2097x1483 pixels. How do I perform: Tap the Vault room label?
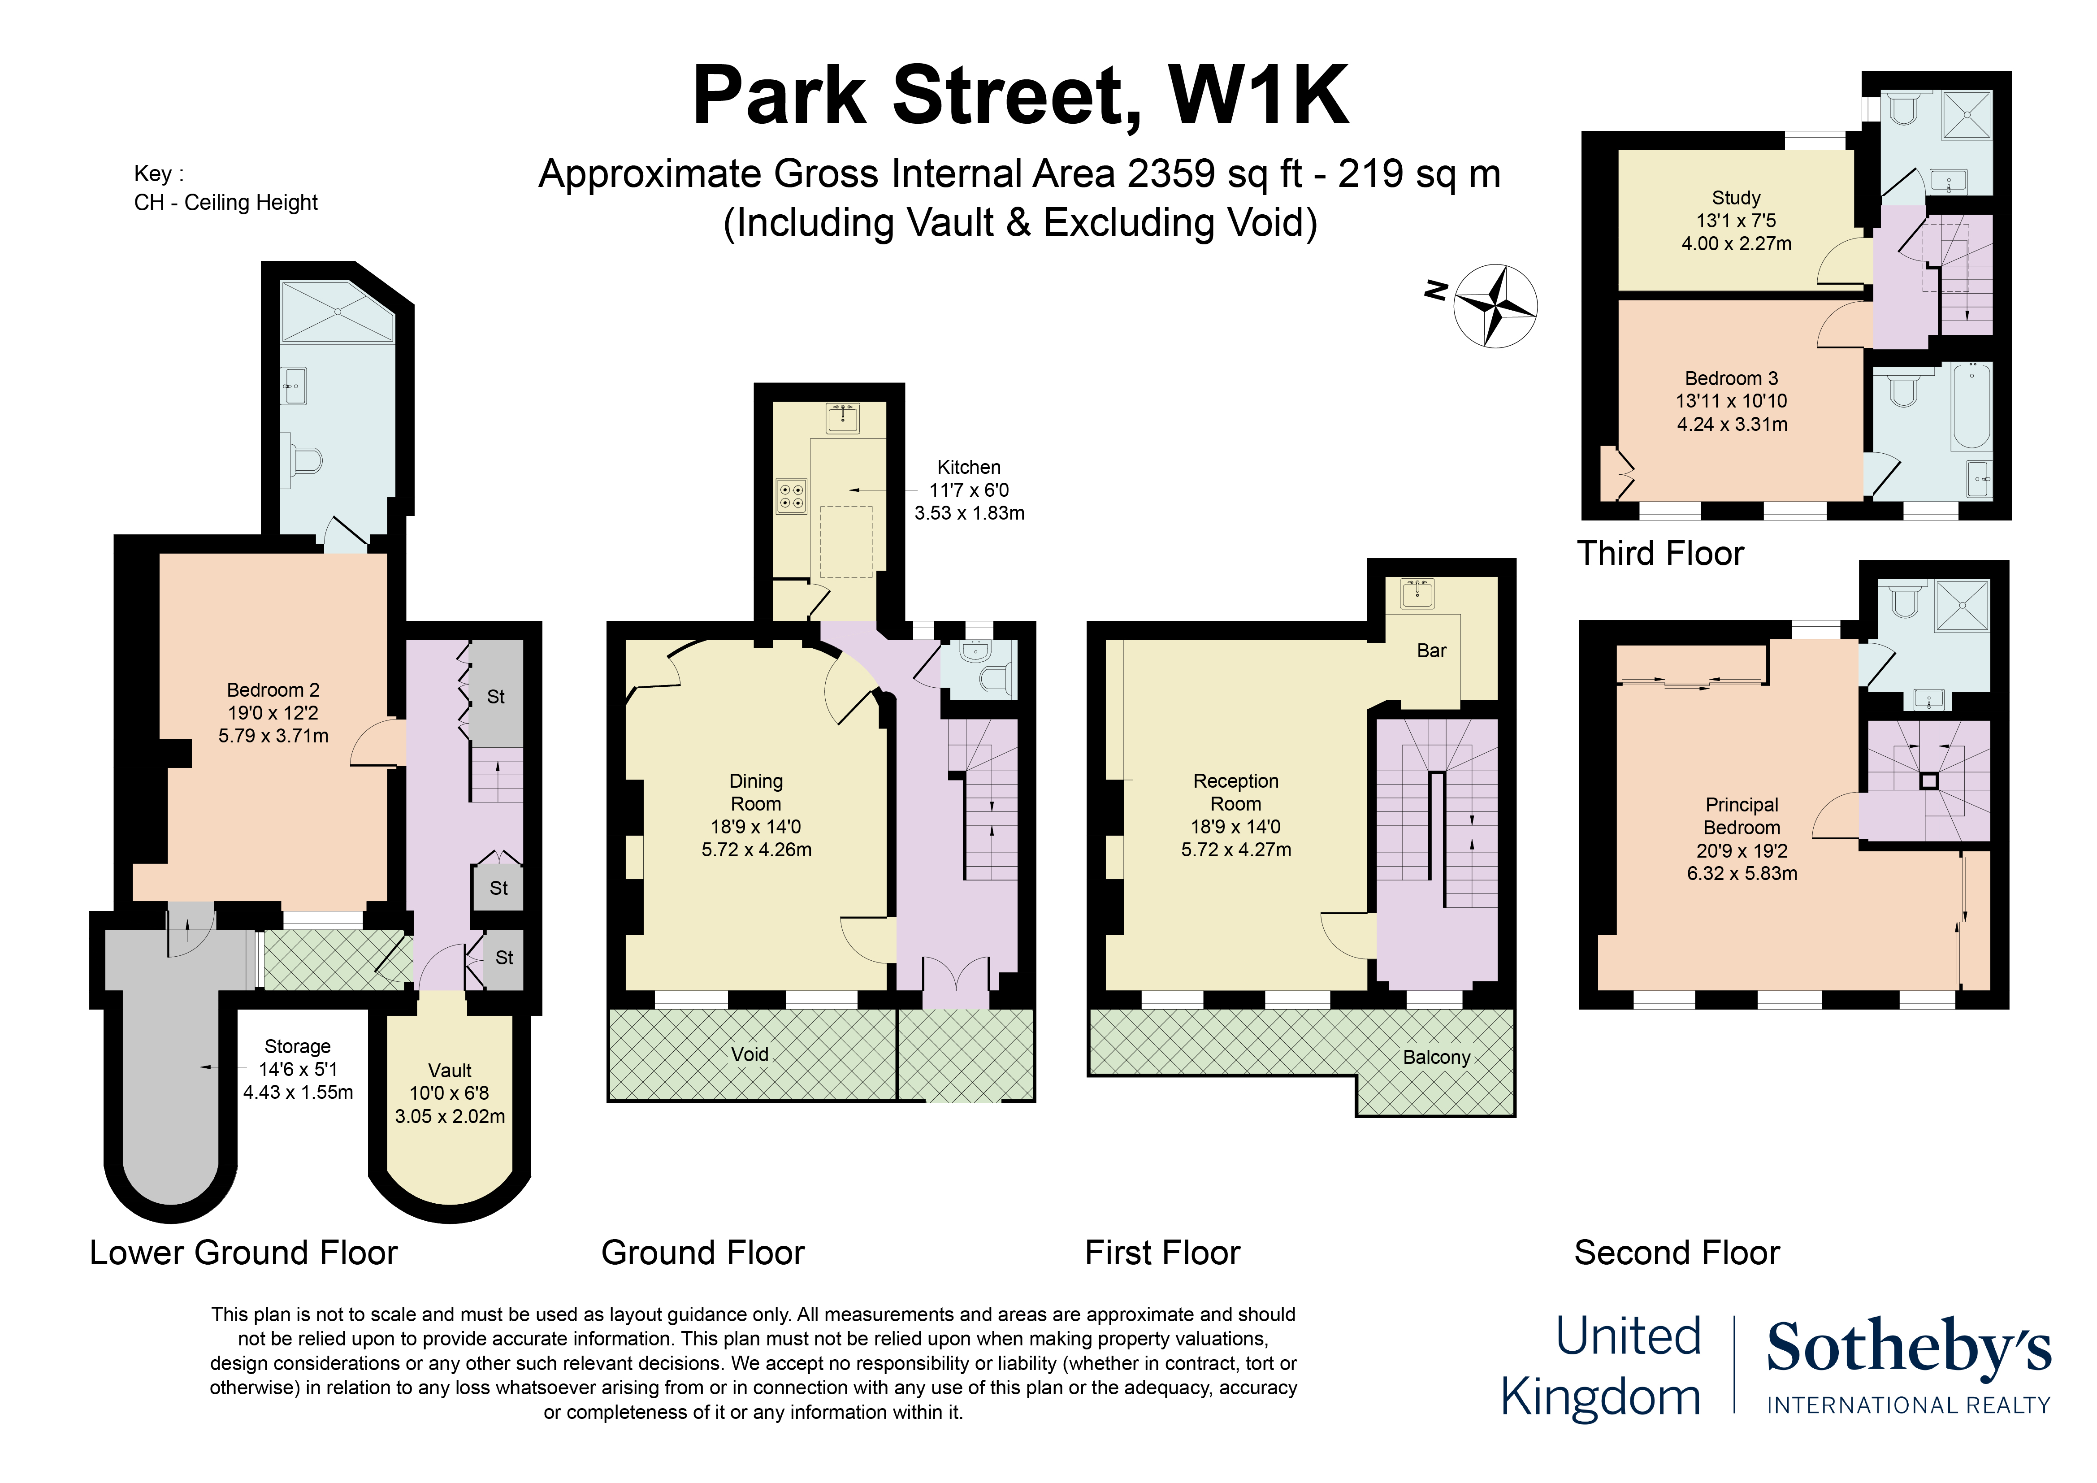(449, 1070)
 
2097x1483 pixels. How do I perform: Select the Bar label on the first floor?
(1431, 650)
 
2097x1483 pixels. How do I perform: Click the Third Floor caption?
(1660, 553)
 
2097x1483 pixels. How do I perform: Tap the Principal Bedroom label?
(1742, 816)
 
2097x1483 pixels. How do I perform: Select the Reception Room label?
(1236, 793)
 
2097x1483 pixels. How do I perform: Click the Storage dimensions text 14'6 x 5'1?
(298, 1069)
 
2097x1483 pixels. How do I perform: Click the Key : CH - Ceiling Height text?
(225, 188)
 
